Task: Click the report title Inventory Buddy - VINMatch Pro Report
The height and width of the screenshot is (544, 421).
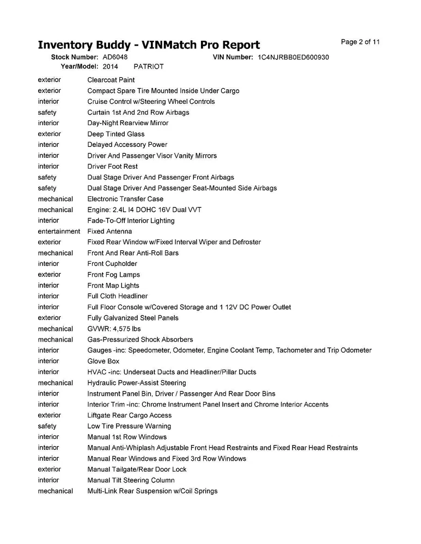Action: coord(149,45)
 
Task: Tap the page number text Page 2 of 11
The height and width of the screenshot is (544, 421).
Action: coord(360,42)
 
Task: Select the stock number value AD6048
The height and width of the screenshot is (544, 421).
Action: coord(115,57)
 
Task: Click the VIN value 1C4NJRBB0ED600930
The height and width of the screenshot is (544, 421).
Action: coord(293,57)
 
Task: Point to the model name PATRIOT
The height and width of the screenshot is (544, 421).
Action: coord(148,66)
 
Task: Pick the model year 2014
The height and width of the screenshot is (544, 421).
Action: coord(110,66)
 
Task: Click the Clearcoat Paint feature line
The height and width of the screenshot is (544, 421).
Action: coord(111,80)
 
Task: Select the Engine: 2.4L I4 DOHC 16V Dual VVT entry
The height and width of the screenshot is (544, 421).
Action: coord(144,210)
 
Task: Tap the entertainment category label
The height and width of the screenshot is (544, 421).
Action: coord(59,231)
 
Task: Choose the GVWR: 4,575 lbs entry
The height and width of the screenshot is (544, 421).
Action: coord(114,329)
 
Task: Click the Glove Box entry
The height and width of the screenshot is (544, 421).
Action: coord(103,361)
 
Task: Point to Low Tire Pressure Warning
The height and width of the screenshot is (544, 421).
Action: coord(129,426)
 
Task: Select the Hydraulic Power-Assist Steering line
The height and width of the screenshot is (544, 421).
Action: coord(137,383)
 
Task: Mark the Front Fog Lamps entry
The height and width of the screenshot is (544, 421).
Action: coord(114,275)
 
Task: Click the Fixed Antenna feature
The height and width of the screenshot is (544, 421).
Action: coord(109,231)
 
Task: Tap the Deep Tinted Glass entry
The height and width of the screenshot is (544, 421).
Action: coord(116,134)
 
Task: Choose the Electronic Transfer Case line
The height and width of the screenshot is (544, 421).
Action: coord(125,199)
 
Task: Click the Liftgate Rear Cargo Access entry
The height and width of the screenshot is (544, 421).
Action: coord(130,415)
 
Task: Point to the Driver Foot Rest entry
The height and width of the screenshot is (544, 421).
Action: coord(113,166)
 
